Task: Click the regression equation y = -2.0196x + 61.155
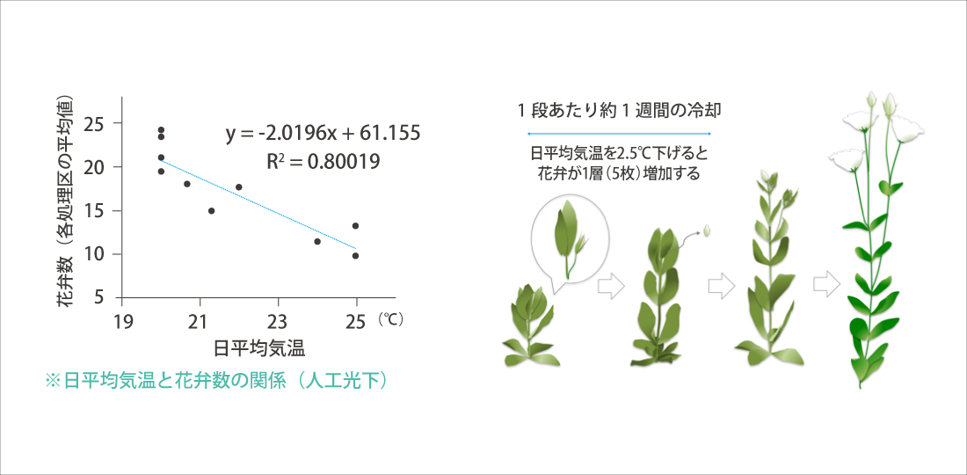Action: [x=324, y=133]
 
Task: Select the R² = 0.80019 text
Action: [x=324, y=161]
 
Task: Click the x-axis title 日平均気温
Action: [x=259, y=348]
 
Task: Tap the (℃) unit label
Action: [x=389, y=320]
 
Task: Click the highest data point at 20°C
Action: [x=161, y=130]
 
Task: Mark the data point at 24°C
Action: [x=317, y=241]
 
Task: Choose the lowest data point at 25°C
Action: [x=355, y=255]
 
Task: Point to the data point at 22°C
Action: [x=238, y=186]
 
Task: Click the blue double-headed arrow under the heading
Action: [x=619, y=134]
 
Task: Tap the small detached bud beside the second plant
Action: [x=708, y=230]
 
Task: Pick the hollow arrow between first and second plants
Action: [x=611, y=286]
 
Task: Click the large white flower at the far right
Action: [x=905, y=128]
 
